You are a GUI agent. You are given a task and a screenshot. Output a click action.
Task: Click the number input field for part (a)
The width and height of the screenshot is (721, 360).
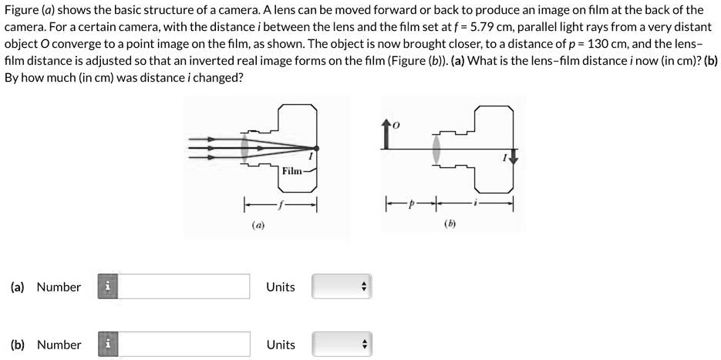[x=184, y=287]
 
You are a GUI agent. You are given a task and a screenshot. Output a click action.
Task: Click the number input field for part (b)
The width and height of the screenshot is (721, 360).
[x=184, y=345]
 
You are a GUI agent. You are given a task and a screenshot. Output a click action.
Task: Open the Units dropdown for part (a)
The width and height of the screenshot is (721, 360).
[x=342, y=287]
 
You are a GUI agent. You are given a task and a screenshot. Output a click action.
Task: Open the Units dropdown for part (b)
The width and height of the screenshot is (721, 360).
[x=342, y=345]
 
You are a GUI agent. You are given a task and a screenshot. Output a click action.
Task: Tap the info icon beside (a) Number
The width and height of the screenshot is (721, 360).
[x=109, y=287]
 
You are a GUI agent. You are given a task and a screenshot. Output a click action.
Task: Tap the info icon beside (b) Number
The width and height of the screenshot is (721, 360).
[x=109, y=345]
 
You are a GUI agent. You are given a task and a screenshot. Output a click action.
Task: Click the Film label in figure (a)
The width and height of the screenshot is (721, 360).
[x=292, y=170]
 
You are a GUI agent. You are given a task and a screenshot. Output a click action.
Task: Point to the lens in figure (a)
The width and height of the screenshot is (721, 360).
[x=244, y=146]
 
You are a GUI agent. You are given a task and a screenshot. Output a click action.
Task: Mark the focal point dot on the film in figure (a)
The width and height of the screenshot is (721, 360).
[x=317, y=147]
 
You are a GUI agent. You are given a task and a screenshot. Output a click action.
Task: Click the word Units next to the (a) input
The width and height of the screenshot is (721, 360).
[x=281, y=287]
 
